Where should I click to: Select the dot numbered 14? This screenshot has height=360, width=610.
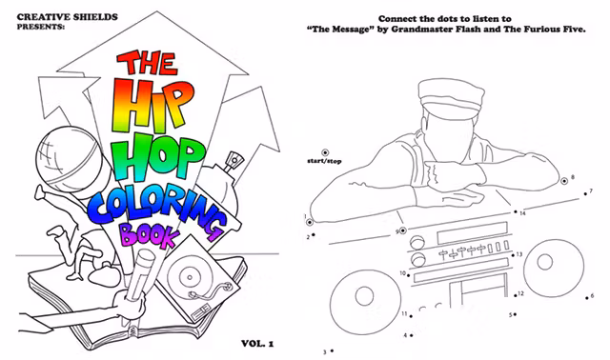tap(516, 213)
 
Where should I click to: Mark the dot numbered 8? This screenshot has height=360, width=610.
tap(561, 178)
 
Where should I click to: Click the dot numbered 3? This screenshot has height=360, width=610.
tap(333, 351)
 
